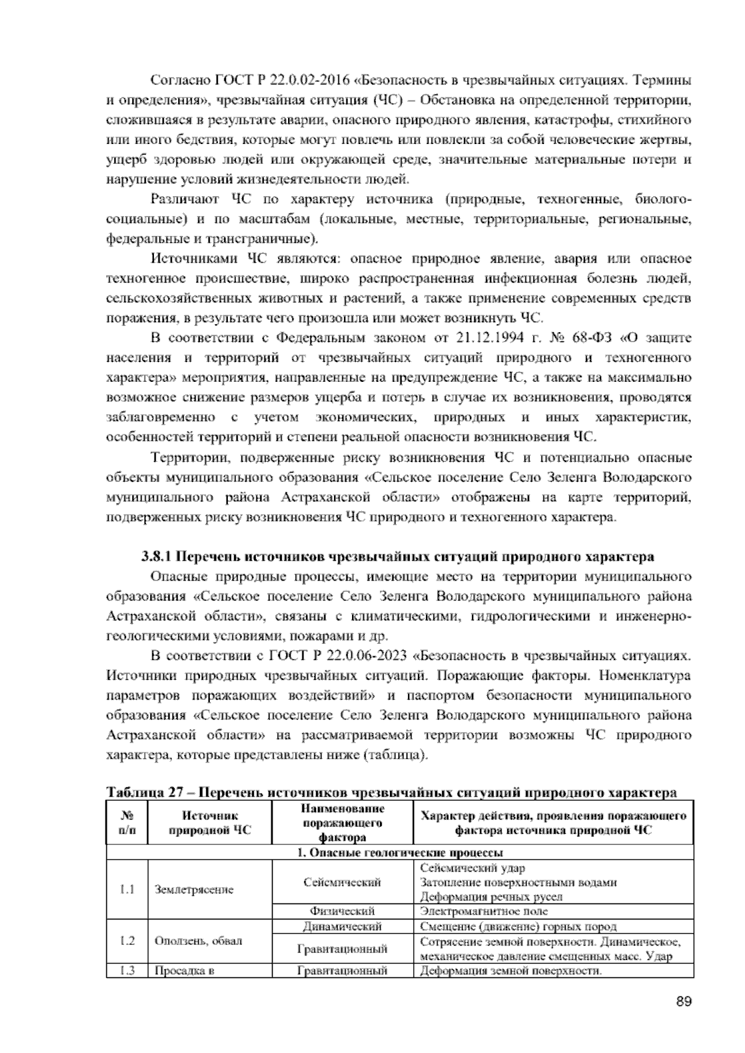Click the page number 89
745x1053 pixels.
tap(684, 1001)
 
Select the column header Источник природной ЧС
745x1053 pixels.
tap(209, 823)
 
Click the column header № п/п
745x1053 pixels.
tap(127, 823)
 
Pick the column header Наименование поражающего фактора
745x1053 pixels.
tap(342, 823)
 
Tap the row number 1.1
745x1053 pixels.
tap(127, 889)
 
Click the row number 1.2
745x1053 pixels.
tap(127, 941)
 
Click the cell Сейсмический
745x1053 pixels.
tap(342, 882)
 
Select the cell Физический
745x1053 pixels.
tap(342, 911)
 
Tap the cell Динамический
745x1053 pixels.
tap(342, 927)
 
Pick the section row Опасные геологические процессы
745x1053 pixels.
tap(400, 852)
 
